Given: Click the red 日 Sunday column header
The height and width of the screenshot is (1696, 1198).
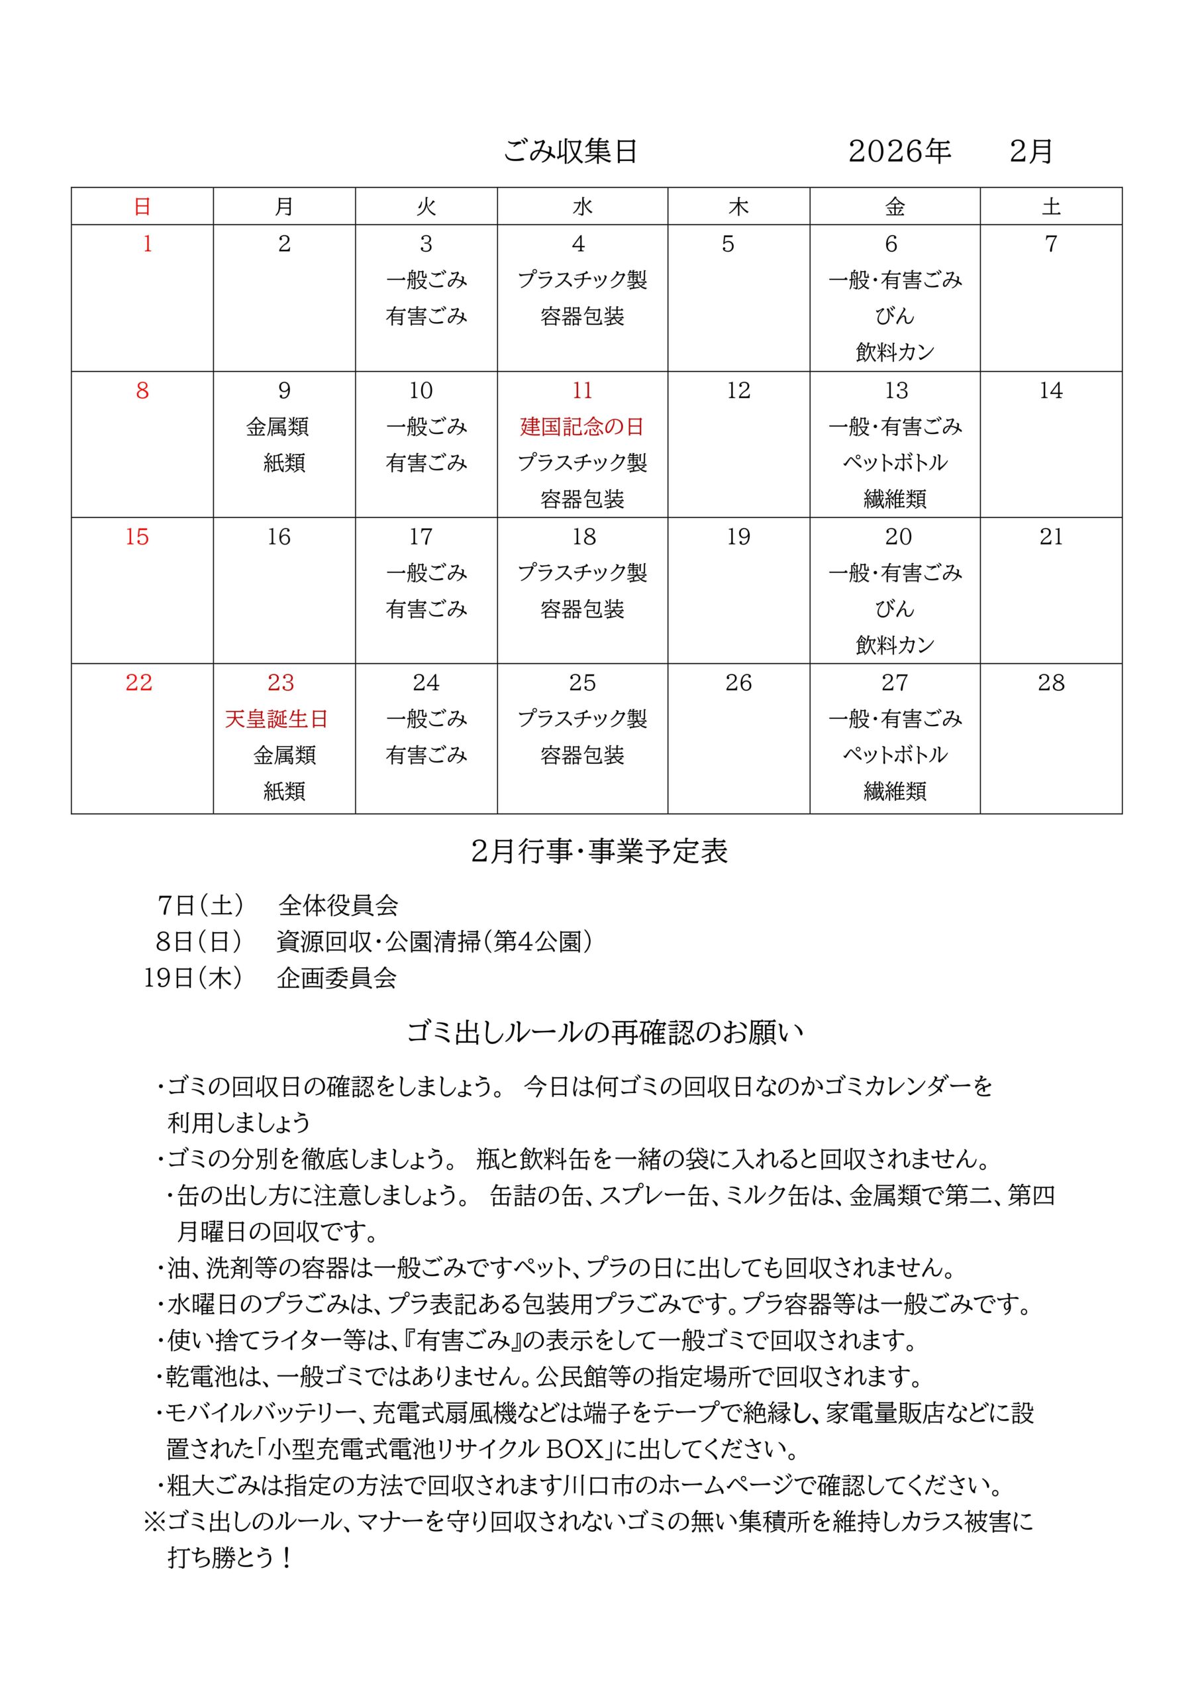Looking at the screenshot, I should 142,207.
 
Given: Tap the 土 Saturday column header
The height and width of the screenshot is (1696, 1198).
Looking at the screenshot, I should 1050,207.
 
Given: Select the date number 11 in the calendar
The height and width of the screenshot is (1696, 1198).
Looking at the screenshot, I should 582,391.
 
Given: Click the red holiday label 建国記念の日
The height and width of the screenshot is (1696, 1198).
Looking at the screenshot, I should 582,427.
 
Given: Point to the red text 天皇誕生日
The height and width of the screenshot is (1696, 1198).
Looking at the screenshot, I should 276,719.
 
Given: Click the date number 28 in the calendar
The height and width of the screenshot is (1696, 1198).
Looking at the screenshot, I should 1050,682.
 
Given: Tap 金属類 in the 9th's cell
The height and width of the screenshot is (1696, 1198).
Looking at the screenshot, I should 277,427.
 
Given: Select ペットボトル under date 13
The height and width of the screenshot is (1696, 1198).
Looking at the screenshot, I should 895,463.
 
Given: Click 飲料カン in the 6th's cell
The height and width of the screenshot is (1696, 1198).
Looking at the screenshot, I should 895,352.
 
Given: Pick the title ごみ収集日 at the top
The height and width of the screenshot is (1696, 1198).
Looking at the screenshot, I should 570,152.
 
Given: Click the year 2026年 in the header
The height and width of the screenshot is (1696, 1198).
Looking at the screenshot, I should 899,152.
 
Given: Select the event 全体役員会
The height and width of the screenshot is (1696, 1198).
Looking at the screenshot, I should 338,905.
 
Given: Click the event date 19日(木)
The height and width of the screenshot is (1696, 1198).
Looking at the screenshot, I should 193,978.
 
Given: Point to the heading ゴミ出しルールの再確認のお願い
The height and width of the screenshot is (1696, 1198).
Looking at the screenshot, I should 605,1032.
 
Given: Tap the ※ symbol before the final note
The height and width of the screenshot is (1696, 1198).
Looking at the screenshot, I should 154,1522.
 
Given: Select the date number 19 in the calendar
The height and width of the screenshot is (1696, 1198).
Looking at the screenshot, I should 738,537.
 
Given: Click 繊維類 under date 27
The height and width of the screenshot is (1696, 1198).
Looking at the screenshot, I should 895,792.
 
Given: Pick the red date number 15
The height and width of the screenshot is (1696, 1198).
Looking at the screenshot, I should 137,537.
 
